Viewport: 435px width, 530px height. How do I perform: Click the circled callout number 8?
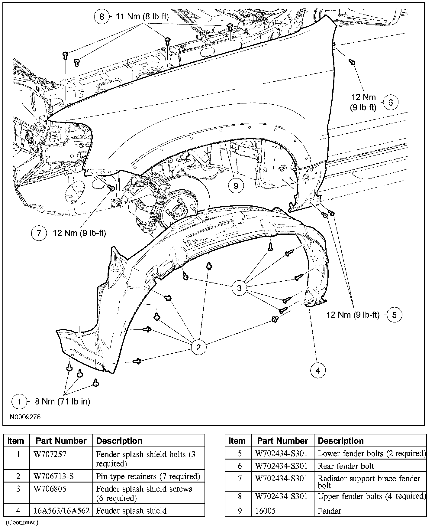click(101, 16)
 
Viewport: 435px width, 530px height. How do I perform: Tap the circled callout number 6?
click(391, 103)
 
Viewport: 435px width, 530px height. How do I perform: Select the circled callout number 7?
click(39, 233)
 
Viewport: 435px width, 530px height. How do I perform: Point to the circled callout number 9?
click(236, 185)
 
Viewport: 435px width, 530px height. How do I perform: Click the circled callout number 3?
click(239, 288)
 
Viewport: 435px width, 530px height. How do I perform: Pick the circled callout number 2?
click(198, 347)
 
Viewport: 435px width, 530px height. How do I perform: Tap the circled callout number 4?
click(318, 370)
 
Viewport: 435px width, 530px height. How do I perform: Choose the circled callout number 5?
click(395, 315)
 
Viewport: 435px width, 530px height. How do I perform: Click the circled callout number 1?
click(19, 401)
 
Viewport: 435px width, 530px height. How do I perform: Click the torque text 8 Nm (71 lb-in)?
click(62, 401)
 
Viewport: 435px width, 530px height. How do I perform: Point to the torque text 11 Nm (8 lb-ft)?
click(142, 16)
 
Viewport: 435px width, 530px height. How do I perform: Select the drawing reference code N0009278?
click(25, 417)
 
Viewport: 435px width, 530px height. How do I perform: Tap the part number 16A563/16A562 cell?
click(62, 511)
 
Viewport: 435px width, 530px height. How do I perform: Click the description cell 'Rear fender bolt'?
click(346, 466)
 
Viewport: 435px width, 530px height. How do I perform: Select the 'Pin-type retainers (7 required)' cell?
click(148, 476)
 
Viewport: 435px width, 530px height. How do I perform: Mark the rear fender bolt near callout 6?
click(352, 62)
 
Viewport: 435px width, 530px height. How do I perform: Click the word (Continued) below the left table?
click(22, 522)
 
